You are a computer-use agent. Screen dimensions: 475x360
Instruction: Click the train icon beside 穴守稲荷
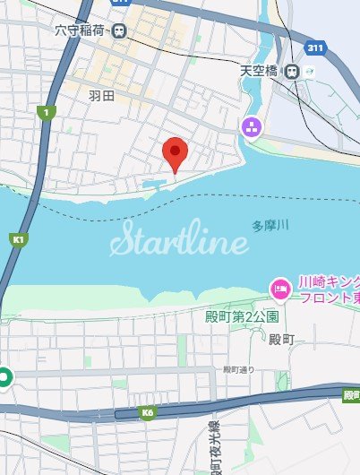(x=119, y=30)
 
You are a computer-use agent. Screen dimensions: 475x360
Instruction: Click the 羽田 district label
(x=100, y=93)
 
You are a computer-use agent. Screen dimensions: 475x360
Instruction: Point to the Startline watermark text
(x=178, y=242)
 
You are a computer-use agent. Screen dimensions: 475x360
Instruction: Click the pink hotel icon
(x=279, y=289)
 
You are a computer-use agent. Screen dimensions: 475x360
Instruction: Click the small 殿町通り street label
(x=239, y=369)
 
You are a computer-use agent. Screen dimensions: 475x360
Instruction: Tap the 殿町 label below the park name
(x=281, y=339)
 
